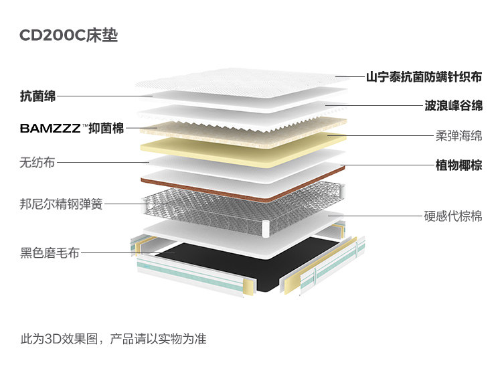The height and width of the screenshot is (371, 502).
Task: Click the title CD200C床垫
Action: (68, 35)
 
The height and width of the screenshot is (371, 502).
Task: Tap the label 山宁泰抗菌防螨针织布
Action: (424, 77)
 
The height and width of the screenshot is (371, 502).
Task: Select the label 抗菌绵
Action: (38, 97)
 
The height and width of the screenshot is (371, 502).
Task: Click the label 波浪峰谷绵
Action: (453, 106)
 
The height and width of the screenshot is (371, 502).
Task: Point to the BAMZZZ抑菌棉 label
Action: (72, 128)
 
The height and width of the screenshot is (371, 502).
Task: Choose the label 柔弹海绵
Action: (458, 136)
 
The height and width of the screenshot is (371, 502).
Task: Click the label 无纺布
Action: (37, 161)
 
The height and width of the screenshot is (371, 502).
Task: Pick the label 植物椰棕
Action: (458, 165)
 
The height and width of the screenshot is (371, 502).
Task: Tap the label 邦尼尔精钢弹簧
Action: (62, 203)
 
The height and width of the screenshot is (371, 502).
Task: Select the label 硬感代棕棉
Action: (453, 216)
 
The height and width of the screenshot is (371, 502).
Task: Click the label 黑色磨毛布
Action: (50, 252)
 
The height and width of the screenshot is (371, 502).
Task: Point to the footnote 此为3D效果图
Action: (113, 339)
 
